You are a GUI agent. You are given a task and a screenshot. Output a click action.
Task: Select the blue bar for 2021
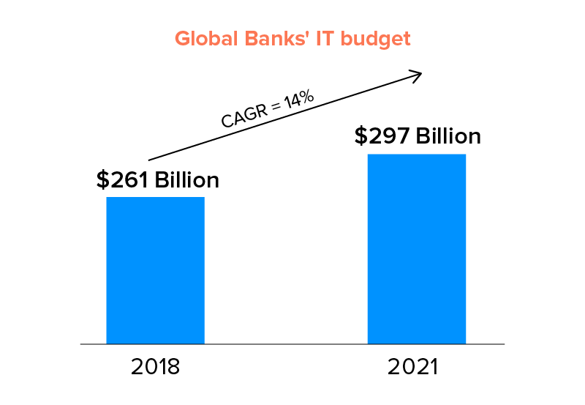416,248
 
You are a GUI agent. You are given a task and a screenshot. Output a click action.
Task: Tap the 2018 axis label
155,366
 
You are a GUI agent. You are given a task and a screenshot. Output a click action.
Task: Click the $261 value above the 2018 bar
123,180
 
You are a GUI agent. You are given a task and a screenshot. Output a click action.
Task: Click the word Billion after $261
186,180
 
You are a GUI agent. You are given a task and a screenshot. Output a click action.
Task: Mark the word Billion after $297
448,136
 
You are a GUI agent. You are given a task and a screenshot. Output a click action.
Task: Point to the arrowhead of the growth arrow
418,73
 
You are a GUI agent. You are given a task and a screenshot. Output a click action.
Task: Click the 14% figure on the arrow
299,100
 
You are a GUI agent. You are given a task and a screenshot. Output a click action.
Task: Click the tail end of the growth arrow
150,159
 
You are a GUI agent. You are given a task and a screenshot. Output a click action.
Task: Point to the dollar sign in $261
102,180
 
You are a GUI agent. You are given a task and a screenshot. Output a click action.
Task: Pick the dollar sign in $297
361,136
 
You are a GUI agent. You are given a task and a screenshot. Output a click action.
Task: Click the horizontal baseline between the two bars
285,343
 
